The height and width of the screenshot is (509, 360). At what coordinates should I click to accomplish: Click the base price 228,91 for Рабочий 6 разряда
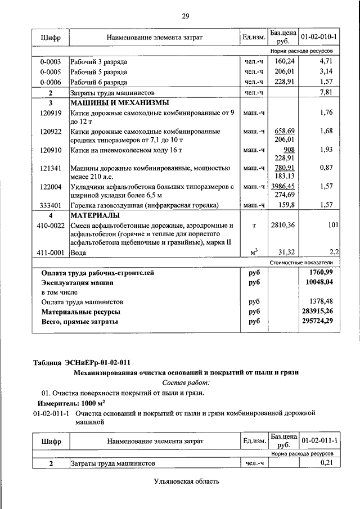point(284,81)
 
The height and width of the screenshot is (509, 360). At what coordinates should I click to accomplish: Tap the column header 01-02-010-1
point(319,37)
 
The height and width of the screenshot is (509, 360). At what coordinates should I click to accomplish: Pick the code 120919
point(51,112)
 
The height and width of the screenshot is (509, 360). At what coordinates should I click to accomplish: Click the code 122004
point(51,186)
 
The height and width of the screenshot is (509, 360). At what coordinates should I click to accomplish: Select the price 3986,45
point(284,186)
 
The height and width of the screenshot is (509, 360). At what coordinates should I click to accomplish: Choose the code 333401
point(51,205)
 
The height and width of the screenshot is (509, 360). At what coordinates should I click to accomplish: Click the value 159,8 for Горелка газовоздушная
point(285,205)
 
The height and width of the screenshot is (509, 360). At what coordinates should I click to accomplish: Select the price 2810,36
point(284,225)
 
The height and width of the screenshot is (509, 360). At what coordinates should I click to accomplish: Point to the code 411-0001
point(51,253)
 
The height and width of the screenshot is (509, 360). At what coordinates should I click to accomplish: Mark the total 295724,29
point(317,321)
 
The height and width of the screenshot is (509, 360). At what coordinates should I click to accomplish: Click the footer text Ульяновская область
point(185,481)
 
